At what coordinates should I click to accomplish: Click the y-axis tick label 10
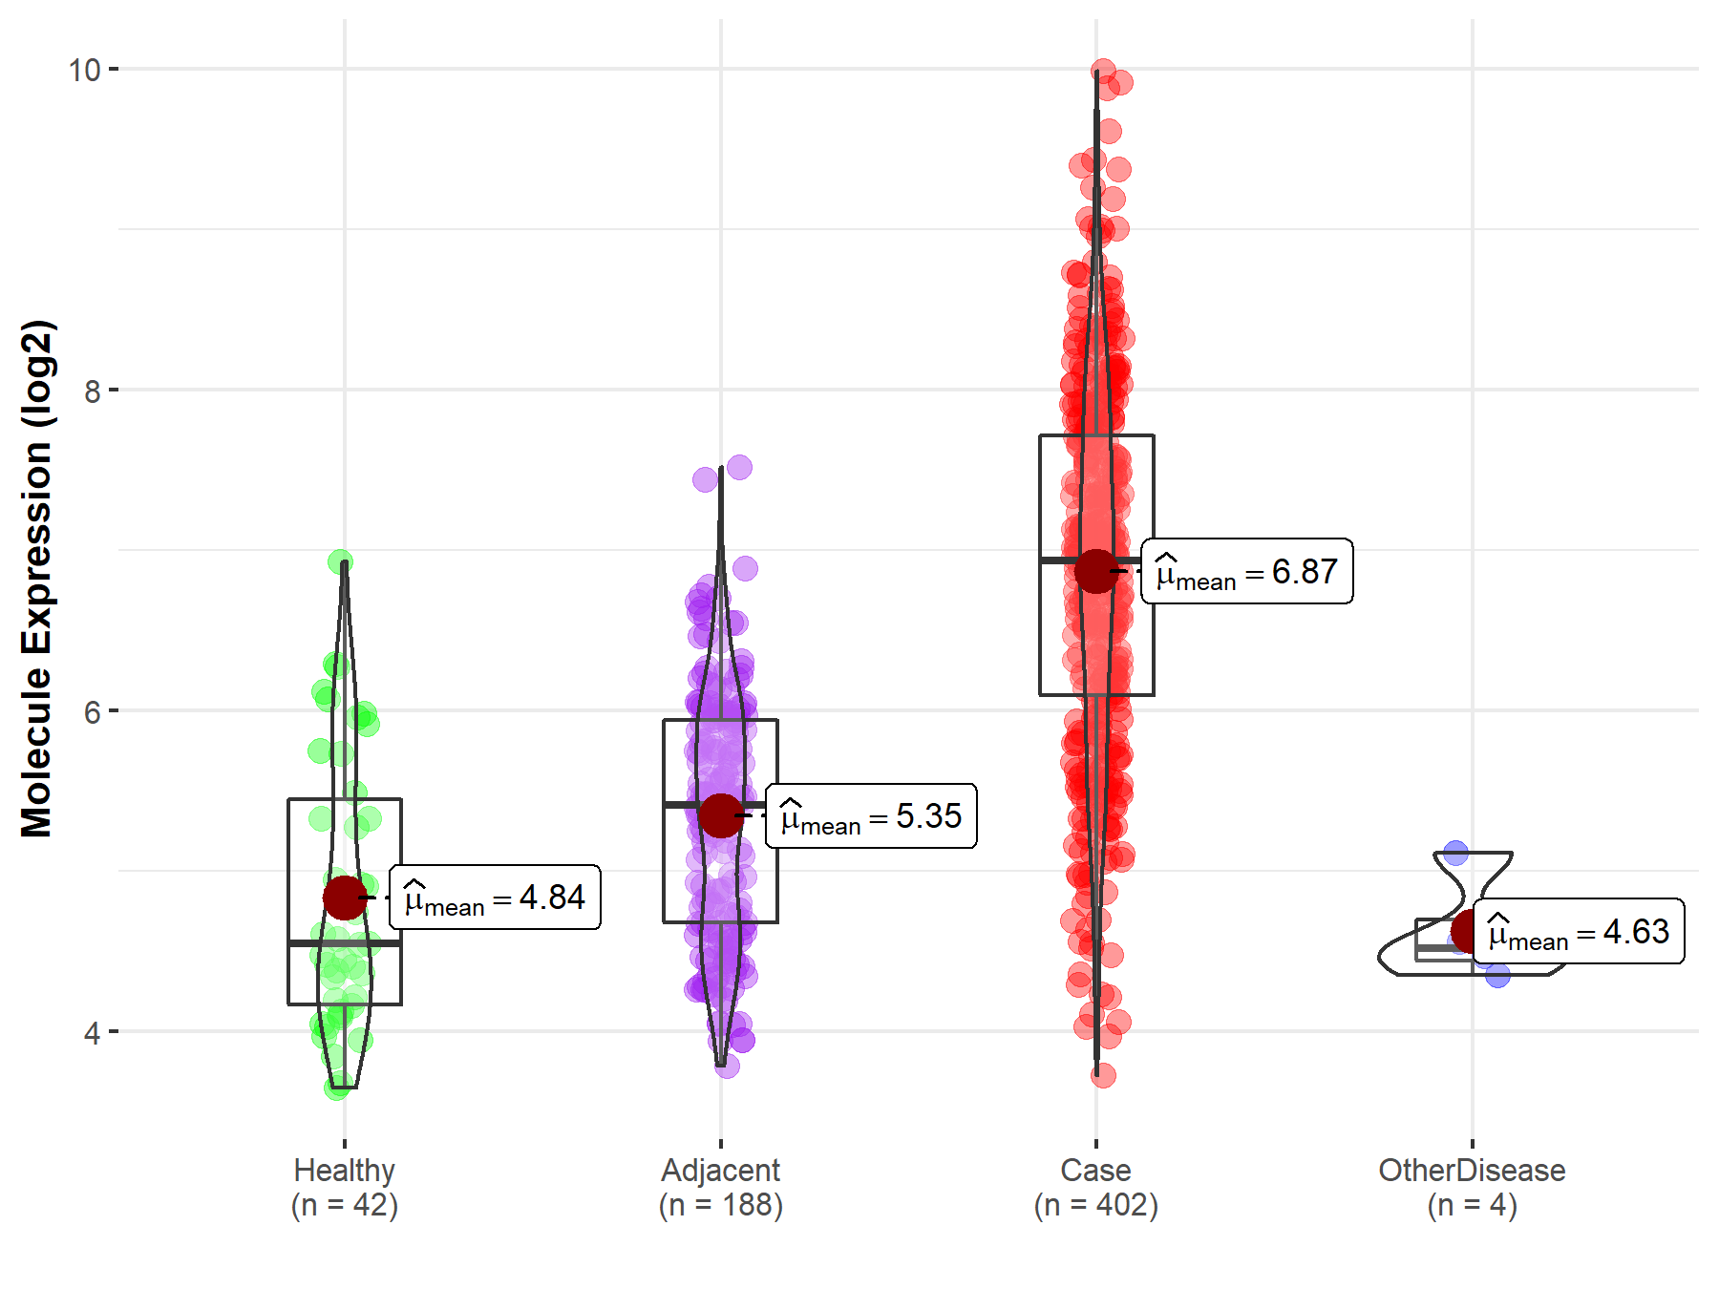pyautogui.click(x=84, y=70)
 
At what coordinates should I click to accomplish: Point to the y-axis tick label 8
pyautogui.click(x=92, y=391)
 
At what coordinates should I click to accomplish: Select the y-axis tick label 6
pyautogui.click(x=92, y=711)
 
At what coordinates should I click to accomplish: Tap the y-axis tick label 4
pyautogui.click(x=92, y=1032)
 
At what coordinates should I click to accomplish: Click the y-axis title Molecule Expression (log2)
pyautogui.click(x=36, y=579)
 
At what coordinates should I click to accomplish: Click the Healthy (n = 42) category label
pyautogui.click(x=345, y=1188)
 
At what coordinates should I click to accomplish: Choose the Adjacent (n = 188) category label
pyautogui.click(x=721, y=1188)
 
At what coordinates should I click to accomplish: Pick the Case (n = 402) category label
pyautogui.click(x=1096, y=1188)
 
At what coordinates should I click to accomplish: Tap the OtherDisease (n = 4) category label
pyautogui.click(x=1472, y=1188)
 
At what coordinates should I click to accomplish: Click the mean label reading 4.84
pyautogui.click(x=495, y=898)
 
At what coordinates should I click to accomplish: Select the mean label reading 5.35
pyautogui.click(x=871, y=816)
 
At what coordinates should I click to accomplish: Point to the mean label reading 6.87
pyautogui.click(x=1247, y=571)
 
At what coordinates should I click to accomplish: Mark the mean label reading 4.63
pyautogui.click(x=1579, y=931)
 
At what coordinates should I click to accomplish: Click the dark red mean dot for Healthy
pyautogui.click(x=345, y=898)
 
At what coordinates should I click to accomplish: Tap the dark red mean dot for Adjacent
pyautogui.click(x=721, y=815)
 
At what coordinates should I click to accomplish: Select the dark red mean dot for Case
pyautogui.click(x=1096, y=571)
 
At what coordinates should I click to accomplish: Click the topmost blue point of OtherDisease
pyautogui.click(x=1455, y=853)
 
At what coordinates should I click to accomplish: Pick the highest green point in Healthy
pyautogui.click(x=340, y=561)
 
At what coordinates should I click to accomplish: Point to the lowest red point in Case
pyautogui.click(x=1103, y=1075)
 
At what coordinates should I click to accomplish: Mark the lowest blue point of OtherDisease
pyautogui.click(x=1497, y=975)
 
